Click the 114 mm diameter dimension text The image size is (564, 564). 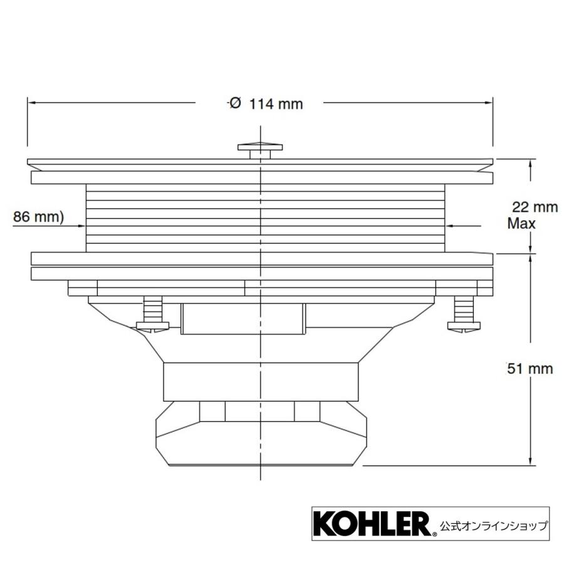pos(276,104)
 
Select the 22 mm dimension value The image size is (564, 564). pos(535,207)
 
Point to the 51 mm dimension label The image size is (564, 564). pos(530,368)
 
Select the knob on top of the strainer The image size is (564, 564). pos(259,149)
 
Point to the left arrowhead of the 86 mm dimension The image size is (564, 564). pos(80,226)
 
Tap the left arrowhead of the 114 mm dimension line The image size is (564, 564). pos(31,102)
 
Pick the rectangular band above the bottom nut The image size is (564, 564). pos(259,381)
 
